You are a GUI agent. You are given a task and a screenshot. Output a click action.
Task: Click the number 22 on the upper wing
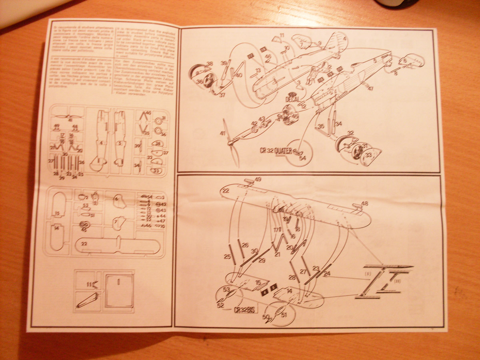tap(226, 191)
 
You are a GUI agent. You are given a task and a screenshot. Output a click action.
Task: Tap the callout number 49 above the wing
tap(258, 179)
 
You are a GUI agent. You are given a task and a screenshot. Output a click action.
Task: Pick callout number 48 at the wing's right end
tap(364, 204)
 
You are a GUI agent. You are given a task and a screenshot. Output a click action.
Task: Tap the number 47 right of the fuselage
tap(370, 88)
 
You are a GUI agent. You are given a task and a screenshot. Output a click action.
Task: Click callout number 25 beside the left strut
tap(227, 256)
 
